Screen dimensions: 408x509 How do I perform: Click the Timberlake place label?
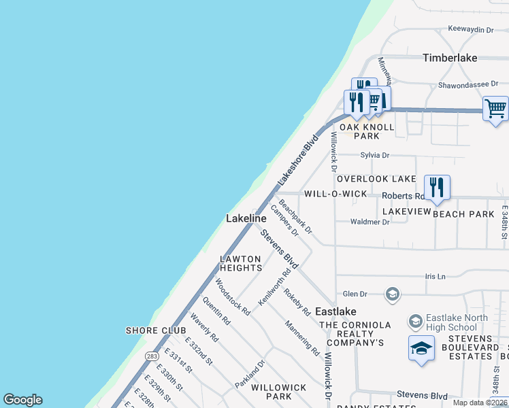click(x=450, y=58)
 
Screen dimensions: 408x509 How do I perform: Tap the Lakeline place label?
click(x=246, y=218)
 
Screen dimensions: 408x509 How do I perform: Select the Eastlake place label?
click(x=335, y=311)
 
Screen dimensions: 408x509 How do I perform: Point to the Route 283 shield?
click(x=151, y=355)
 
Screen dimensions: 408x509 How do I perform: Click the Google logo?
click(x=22, y=400)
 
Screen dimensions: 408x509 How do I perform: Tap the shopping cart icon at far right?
click(x=495, y=108)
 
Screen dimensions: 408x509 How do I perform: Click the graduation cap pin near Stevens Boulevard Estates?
click(x=421, y=348)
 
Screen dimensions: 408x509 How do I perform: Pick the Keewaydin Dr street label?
click(x=470, y=29)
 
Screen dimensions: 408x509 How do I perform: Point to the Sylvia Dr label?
click(x=375, y=155)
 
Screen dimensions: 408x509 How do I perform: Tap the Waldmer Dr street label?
click(x=369, y=222)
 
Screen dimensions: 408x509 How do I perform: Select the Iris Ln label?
click(x=434, y=277)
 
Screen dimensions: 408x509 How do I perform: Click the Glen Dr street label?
click(x=355, y=294)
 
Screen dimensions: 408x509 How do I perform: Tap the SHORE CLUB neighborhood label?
click(x=156, y=330)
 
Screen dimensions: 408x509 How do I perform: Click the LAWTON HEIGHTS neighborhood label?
click(x=240, y=263)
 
